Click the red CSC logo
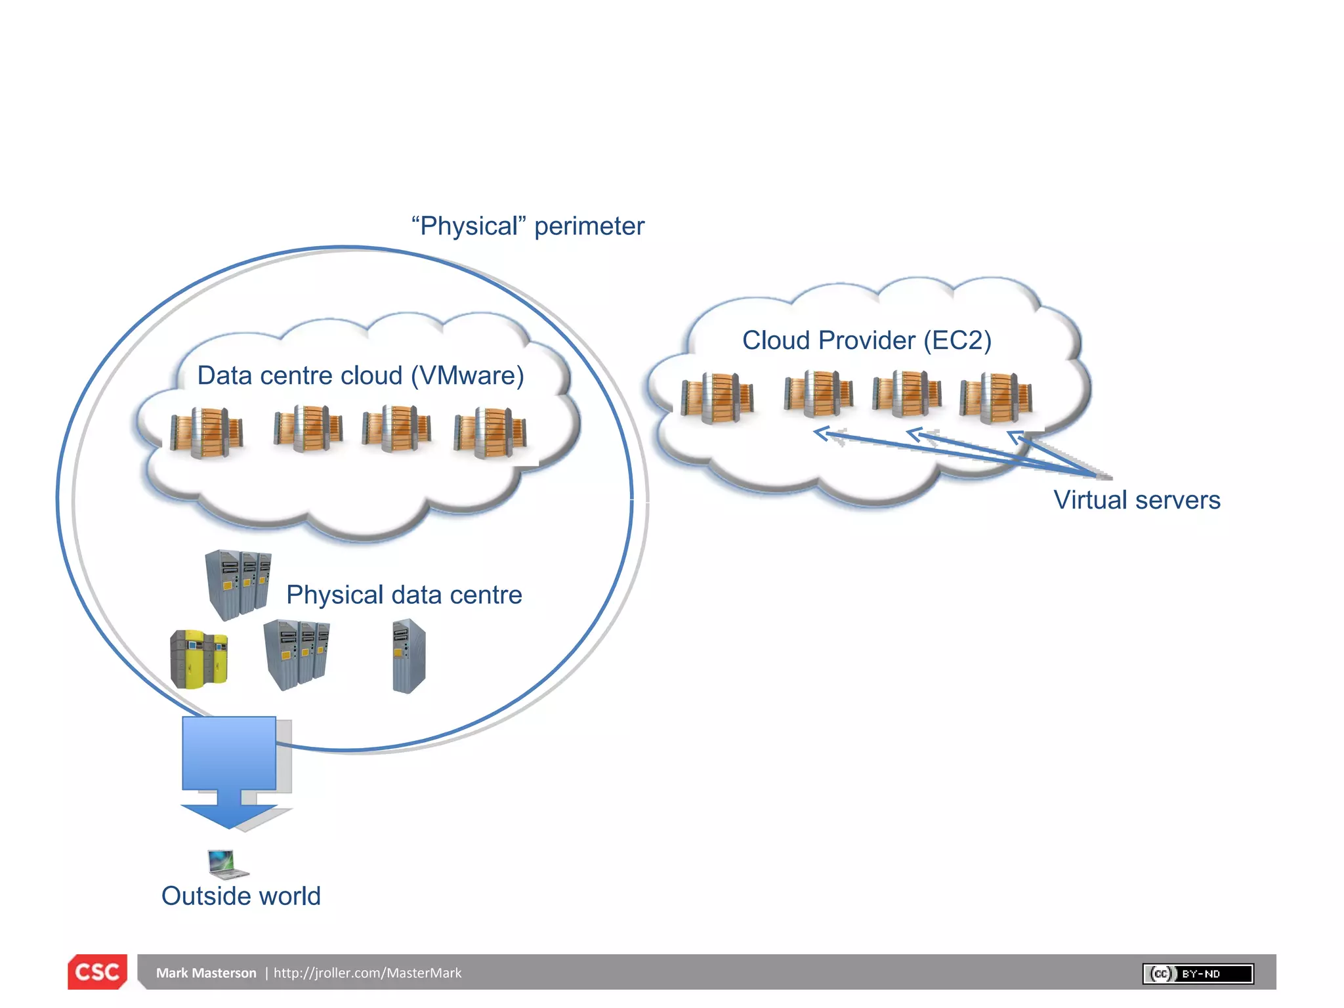point(97,971)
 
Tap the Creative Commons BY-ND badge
point(1198,973)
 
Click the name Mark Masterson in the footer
point(206,973)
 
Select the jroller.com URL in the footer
point(367,973)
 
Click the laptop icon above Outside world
point(227,864)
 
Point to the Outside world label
point(241,896)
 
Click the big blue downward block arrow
point(229,771)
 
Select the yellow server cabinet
point(199,658)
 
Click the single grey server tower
point(409,656)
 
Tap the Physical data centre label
point(404,595)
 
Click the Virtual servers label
point(1137,500)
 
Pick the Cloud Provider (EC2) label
point(866,341)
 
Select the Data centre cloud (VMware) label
point(360,375)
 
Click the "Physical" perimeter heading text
point(528,226)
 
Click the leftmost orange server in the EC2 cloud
point(717,398)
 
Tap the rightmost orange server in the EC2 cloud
point(996,397)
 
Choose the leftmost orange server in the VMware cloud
point(207,432)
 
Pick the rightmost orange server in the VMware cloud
point(490,433)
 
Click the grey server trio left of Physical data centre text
point(238,584)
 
